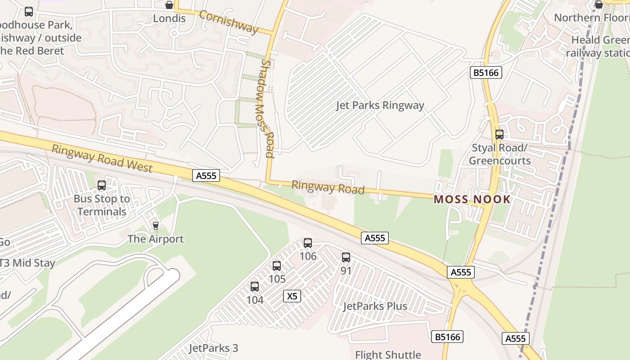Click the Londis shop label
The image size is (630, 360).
click(x=169, y=18)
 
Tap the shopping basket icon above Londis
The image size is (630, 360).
click(x=169, y=5)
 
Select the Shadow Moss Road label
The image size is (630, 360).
click(x=267, y=109)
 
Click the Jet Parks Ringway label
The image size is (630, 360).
click(x=380, y=105)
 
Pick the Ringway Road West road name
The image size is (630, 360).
click(x=102, y=158)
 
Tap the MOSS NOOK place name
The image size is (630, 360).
click(x=472, y=199)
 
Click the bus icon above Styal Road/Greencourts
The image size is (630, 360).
click(x=499, y=134)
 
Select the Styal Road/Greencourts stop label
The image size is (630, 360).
click(x=499, y=154)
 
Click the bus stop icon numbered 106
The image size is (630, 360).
click(x=308, y=243)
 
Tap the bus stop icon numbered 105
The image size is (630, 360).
click(x=277, y=266)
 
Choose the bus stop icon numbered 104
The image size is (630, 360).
click(x=255, y=287)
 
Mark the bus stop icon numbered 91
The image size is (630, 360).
click(x=346, y=257)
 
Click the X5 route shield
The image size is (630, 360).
click(x=292, y=296)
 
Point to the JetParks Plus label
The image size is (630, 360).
click(x=375, y=306)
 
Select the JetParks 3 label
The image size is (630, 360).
click(x=213, y=348)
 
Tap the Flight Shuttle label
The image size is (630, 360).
click(x=388, y=355)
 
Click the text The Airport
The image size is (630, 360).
click(x=156, y=239)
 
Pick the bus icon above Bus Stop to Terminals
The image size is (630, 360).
click(x=102, y=185)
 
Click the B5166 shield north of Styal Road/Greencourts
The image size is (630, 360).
click(x=486, y=72)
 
